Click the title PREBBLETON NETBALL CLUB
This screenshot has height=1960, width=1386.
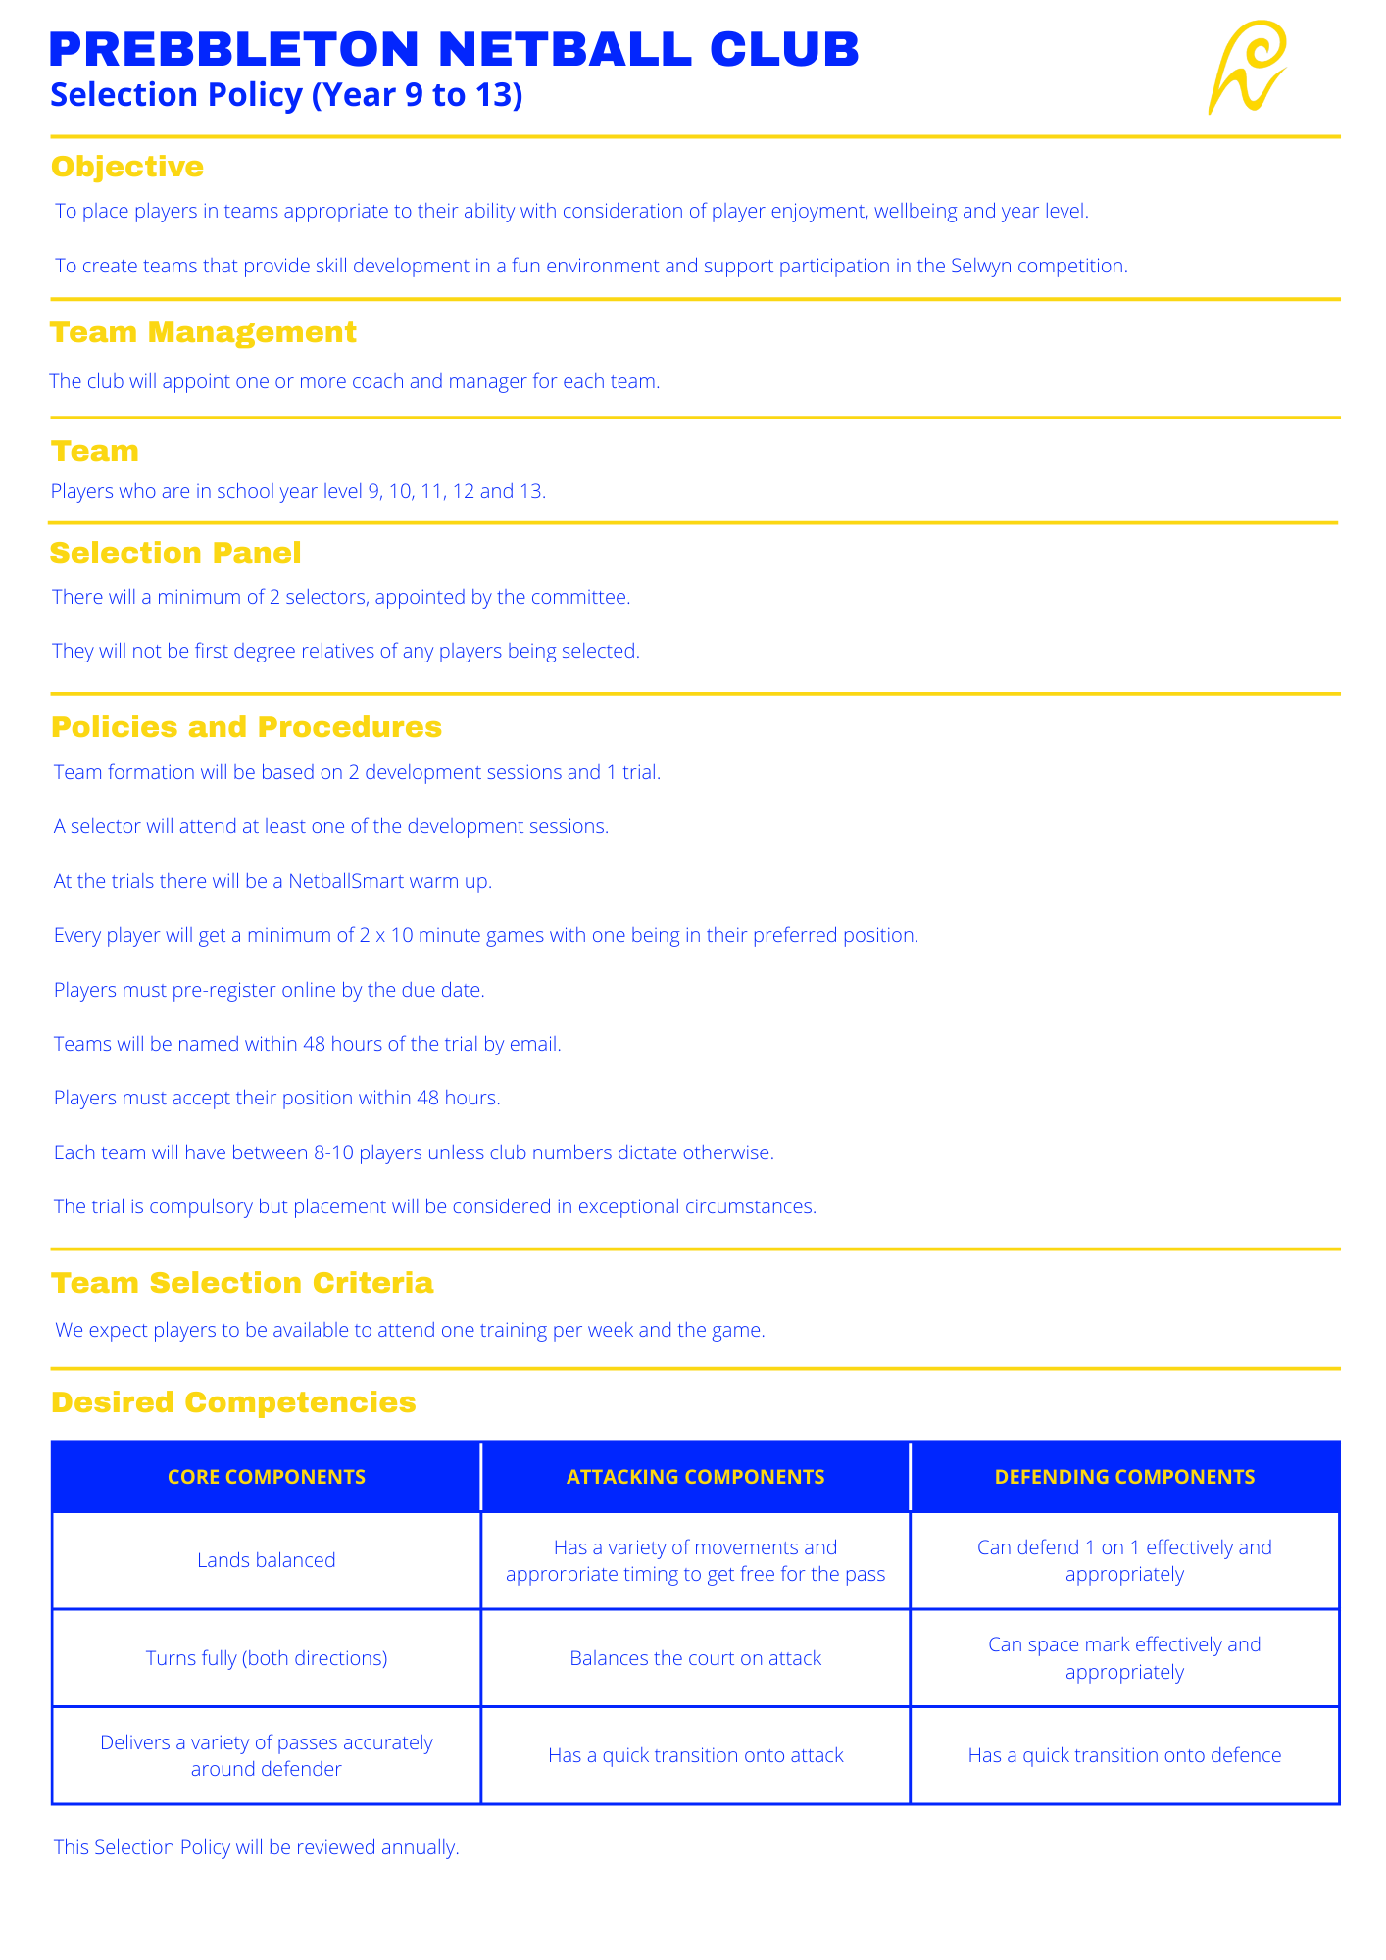454,49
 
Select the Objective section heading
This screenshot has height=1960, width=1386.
127,167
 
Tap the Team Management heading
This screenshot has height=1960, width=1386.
204,332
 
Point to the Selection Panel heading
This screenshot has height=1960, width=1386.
175,553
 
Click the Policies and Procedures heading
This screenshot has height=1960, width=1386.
246,727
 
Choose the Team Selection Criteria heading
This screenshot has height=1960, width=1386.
242,1283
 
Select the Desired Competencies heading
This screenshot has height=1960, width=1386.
233,1402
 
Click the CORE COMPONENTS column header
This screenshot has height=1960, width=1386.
267,1477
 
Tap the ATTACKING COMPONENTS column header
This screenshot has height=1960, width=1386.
696,1477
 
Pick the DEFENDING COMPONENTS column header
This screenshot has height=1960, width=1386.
1124,1477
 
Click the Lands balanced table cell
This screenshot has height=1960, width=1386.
267,1560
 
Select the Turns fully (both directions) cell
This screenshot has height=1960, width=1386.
267,1658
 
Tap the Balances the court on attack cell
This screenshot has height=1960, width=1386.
696,1658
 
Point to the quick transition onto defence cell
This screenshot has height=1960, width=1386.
1124,1755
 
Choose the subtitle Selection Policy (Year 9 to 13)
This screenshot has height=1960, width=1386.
286,95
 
